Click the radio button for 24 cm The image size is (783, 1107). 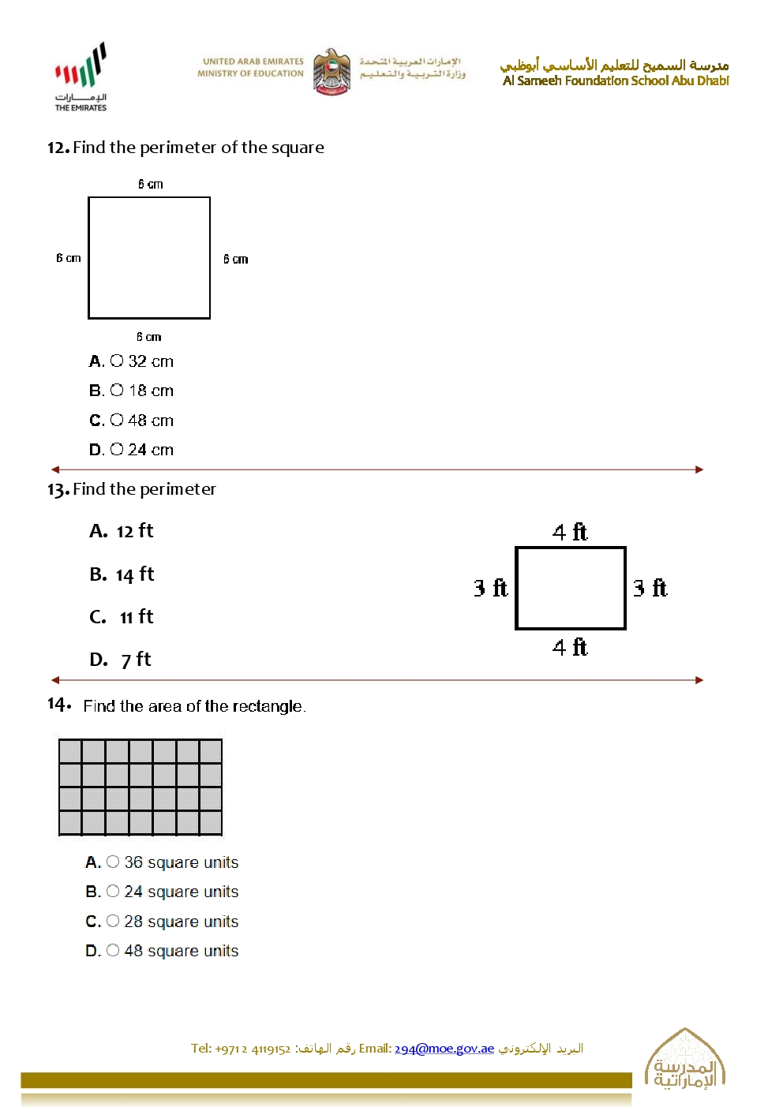coord(117,450)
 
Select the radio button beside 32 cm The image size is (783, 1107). coord(117,361)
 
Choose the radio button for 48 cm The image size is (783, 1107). coord(117,421)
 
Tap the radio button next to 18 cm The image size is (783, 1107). coord(117,391)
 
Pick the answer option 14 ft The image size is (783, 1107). coord(122,574)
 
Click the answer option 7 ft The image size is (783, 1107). coord(121,660)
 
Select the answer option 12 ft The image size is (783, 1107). coord(122,531)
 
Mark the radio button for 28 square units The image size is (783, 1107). coord(113,922)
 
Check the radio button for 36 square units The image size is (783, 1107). coord(113,862)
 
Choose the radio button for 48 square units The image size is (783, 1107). coord(113,951)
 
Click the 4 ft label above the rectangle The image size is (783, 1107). coord(570,533)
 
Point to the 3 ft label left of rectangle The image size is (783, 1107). coord(490,588)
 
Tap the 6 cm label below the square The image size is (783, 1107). coord(148,337)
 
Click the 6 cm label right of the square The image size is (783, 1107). coord(235,259)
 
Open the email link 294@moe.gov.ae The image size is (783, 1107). coord(444,1049)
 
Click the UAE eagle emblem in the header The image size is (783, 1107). coord(332,71)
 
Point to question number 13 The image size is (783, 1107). coord(58,490)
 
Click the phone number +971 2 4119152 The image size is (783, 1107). coord(253,1049)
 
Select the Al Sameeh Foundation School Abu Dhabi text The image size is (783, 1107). coord(616,80)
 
